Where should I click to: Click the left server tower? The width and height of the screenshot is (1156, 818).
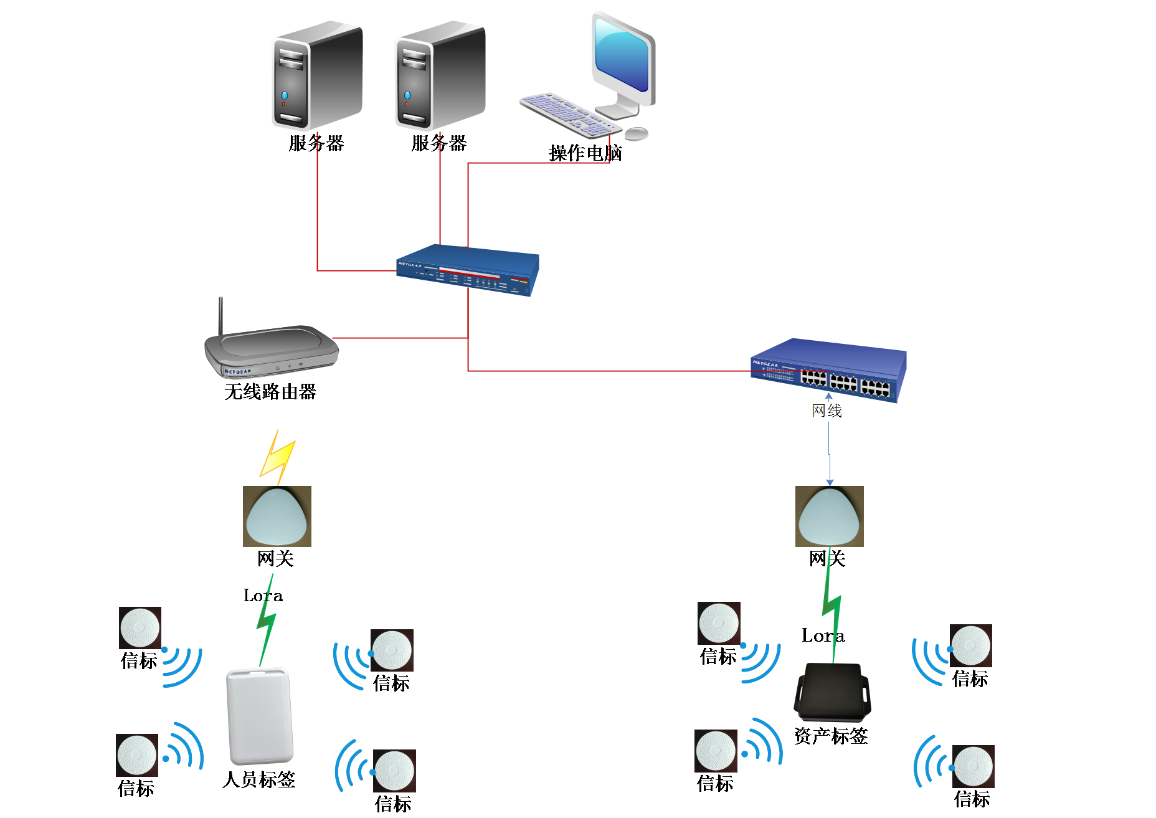pos(316,76)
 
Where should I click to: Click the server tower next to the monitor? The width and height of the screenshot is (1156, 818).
pos(439,76)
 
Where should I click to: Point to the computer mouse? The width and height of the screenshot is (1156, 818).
pos(637,133)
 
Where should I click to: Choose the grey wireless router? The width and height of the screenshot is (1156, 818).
pos(272,351)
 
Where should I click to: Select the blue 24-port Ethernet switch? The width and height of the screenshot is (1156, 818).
pos(829,370)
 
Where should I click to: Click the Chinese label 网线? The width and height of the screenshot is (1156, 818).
pos(827,411)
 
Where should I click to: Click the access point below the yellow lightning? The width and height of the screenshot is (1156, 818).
pos(277,516)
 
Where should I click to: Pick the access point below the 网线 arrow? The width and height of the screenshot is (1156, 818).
pos(830,516)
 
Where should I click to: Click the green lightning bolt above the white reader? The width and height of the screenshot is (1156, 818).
pos(267,620)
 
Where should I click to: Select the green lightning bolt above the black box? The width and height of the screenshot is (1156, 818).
pos(831,604)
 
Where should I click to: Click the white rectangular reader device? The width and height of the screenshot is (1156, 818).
pos(259,716)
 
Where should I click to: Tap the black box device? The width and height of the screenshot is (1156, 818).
pos(832,692)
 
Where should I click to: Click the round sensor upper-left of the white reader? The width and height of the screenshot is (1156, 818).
pos(140,627)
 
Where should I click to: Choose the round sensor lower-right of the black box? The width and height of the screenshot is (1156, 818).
pos(973,766)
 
